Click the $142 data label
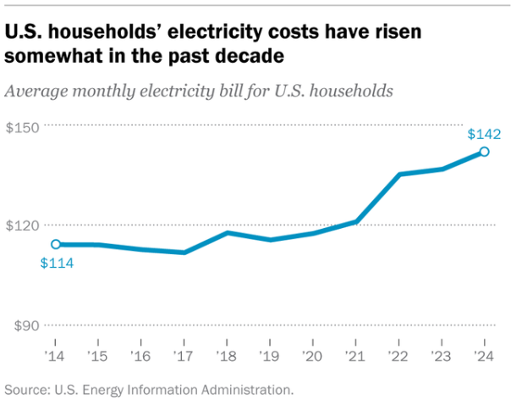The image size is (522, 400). click(x=485, y=134)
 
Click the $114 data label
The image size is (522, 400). click(x=57, y=263)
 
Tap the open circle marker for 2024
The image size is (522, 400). click(x=484, y=152)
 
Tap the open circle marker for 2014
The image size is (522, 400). click(x=56, y=244)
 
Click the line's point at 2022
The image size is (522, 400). click(x=398, y=175)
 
